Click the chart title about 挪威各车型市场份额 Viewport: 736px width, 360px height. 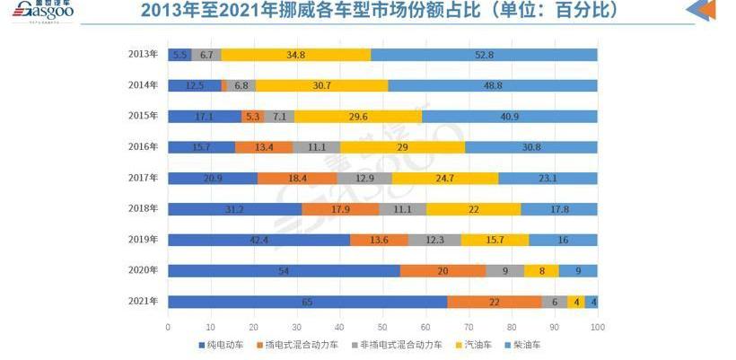click(x=381, y=13)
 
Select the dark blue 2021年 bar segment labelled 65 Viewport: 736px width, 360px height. click(x=307, y=302)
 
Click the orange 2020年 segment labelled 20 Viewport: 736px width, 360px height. click(x=442, y=271)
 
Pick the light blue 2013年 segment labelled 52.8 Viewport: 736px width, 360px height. click(x=484, y=55)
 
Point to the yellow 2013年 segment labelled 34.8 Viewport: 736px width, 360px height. click(x=295, y=55)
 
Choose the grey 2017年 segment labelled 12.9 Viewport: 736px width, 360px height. click(x=364, y=179)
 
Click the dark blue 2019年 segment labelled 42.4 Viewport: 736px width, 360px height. click(x=258, y=240)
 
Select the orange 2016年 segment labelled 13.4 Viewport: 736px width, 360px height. click(x=264, y=147)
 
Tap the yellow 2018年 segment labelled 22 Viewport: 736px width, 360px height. click(x=473, y=209)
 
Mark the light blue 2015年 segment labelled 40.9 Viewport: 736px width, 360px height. click(x=509, y=117)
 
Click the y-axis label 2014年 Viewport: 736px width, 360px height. click(x=143, y=85)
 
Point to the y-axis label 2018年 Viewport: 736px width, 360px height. click(x=143, y=208)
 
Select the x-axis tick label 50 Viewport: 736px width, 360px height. click(x=382, y=327)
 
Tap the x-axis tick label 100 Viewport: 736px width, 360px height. click(x=597, y=327)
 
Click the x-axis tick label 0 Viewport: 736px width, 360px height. click(x=169, y=327)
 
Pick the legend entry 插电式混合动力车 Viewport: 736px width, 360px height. click(x=295, y=345)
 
